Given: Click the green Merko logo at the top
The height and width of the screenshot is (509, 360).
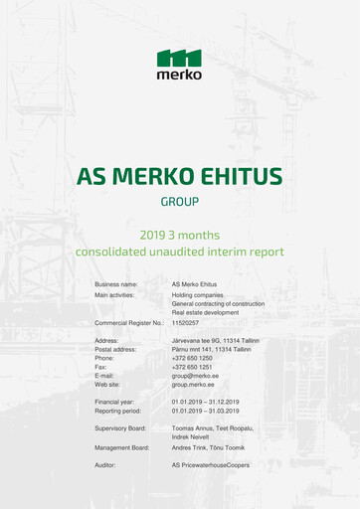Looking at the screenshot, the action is click(x=179, y=64).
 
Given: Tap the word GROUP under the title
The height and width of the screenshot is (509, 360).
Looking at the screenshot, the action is click(x=180, y=202).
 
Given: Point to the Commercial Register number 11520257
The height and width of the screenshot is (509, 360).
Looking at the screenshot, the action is click(x=186, y=323).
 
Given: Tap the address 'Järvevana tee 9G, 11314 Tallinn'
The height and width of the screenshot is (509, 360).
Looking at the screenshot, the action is click(x=215, y=341).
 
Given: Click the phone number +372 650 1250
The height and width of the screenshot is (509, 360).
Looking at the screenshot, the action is click(x=192, y=358).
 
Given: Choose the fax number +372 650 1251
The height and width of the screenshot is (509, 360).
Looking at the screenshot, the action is click(x=192, y=367).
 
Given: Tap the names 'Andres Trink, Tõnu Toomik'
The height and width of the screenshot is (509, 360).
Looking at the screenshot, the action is click(x=208, y=447).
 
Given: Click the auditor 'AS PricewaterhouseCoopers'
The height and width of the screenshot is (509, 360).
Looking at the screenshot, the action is click(x=211, y=465).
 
